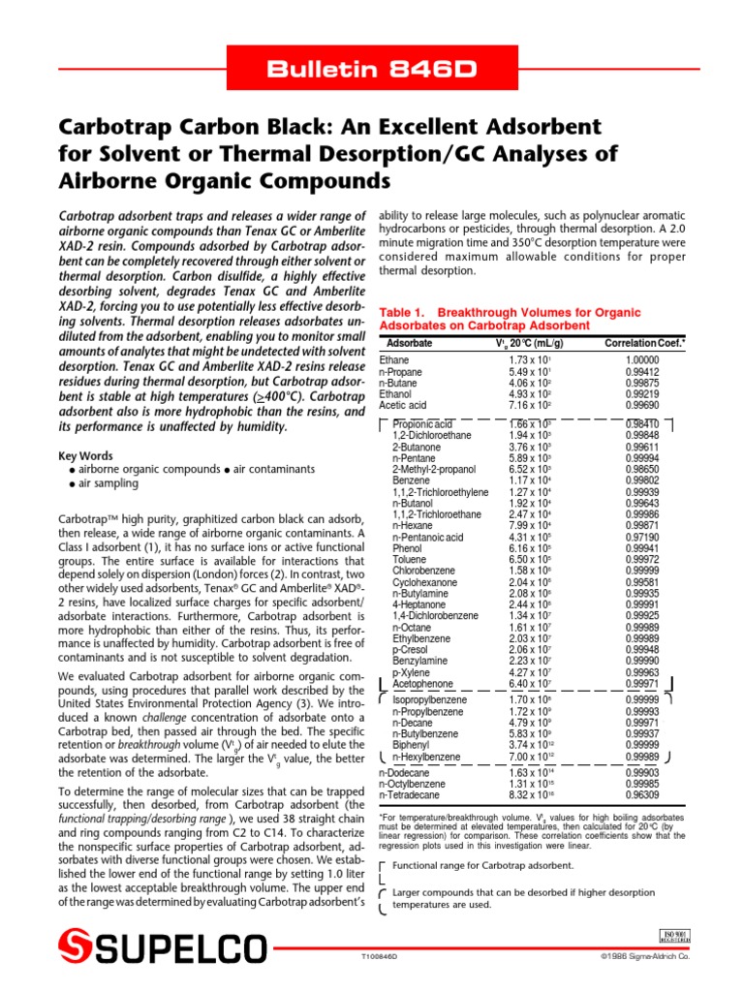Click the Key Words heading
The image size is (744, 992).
tap(85, 455)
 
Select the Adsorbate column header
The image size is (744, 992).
tap(409, 344)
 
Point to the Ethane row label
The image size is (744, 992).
tap(394, 359)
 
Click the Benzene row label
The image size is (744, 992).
tap(412, 480)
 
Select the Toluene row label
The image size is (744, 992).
tap(411, 560)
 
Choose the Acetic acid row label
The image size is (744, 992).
tap(402, 405)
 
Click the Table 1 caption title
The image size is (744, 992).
tap(511, 319)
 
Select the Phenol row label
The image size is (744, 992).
tap(408, 548)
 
